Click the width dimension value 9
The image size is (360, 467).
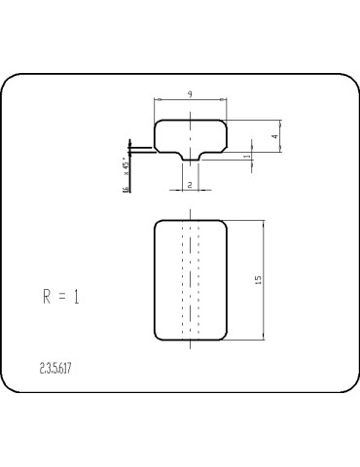(191, 93)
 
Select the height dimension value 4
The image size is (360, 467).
(275, 137)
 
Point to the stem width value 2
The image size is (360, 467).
(190, 182)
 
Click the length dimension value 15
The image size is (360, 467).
(257, 279)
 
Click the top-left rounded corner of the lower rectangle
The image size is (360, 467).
(159, 225)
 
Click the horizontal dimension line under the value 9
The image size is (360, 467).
(191, 100)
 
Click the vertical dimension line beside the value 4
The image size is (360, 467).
(282, 136)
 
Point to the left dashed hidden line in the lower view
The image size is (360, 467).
(183, 280)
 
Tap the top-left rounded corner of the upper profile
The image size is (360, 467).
(159, 125)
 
